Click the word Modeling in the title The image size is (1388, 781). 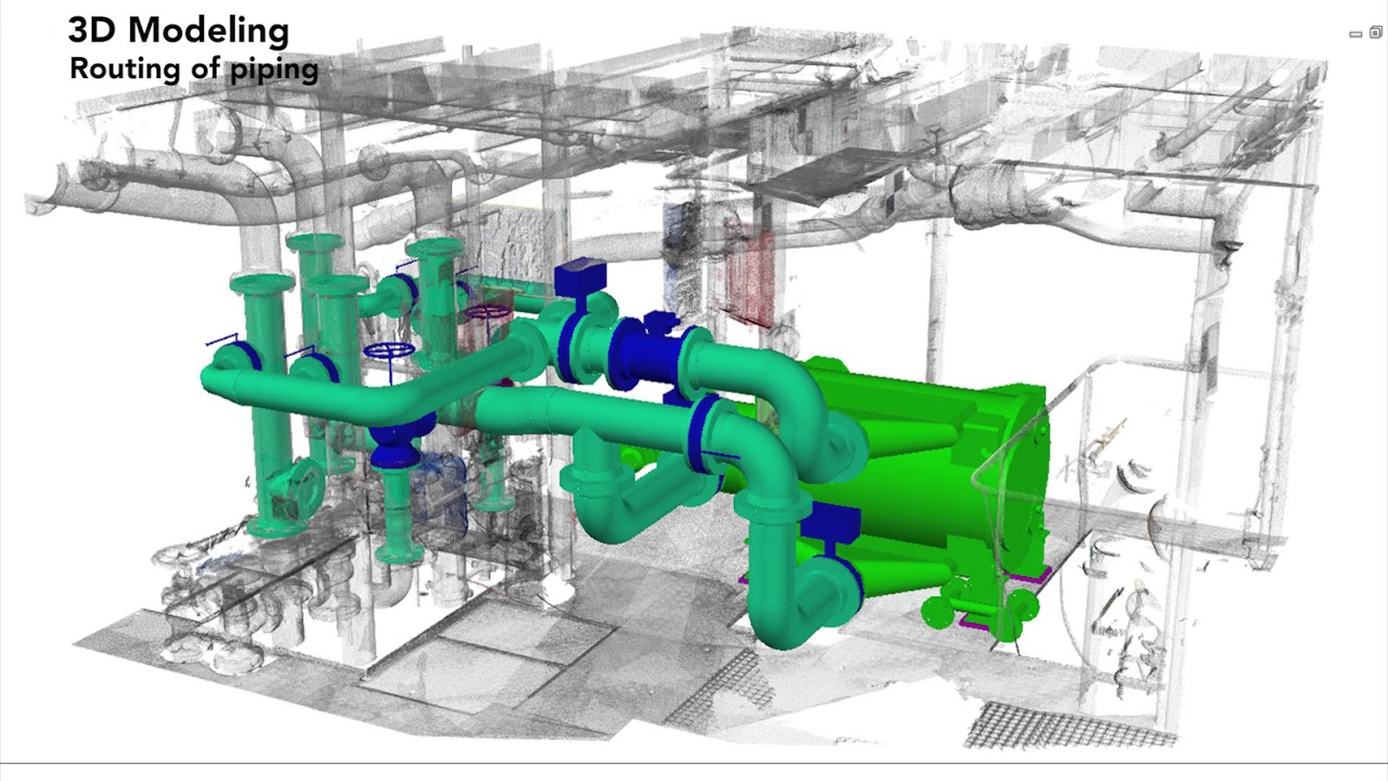209,31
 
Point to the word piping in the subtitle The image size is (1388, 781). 273,70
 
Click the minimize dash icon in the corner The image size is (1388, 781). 1356,34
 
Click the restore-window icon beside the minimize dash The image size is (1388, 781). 1376,31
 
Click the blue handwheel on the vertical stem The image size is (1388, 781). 389,351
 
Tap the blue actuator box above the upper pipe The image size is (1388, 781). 580,279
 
